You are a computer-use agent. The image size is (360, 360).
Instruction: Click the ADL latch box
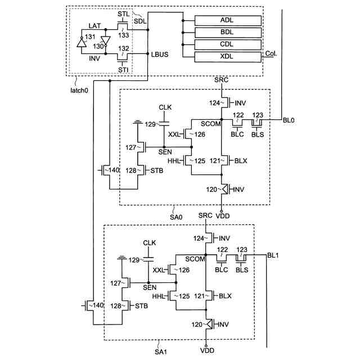coord(228,20)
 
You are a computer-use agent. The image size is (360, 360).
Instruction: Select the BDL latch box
coord(228,33)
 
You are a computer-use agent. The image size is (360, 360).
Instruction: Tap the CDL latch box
coord(228,44)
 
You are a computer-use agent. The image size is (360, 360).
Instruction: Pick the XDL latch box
coord(228,57)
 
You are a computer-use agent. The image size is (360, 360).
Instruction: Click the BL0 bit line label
coord(289,120)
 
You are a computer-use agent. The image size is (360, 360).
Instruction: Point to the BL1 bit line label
coord(273,255)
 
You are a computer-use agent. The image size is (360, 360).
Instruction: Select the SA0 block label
coord(176,215)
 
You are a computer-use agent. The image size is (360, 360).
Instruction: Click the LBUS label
coord(159,55)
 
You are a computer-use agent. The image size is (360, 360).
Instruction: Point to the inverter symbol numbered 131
coord(82,42)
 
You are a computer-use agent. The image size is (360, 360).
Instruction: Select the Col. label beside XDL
coord(271,53)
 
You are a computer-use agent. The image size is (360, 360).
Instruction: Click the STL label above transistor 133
coord(123,13)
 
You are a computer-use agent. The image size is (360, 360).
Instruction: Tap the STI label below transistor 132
coord(123,70)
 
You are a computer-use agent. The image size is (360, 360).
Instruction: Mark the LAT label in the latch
coord(95,26)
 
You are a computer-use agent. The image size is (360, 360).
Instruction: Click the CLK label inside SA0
coord(165,107)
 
